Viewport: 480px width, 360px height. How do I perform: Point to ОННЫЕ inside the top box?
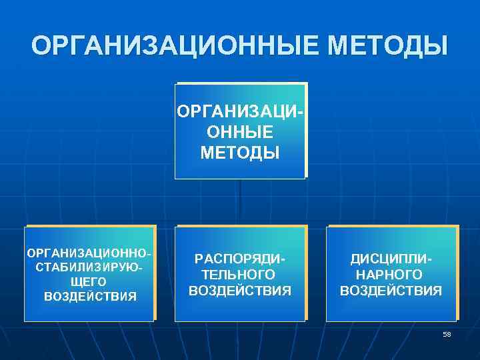[240, 132]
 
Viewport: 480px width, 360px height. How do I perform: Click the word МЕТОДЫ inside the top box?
[240, 153]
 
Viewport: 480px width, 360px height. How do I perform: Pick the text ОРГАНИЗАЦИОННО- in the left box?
[89, 253]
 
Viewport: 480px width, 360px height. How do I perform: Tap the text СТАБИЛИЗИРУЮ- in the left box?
[89, 267]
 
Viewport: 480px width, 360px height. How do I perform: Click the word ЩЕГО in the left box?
[89, 282]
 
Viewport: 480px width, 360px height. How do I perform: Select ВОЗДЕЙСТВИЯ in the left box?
[89, 297]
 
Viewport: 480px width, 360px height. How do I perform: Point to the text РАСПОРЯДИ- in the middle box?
[240, 259]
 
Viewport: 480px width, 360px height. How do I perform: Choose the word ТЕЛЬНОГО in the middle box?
[240, 275]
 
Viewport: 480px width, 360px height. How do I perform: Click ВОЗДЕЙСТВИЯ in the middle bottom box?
[240, 291]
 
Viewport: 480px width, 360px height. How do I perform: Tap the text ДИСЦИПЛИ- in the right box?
[391, 259]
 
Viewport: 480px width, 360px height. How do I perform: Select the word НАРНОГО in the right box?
[391, 275]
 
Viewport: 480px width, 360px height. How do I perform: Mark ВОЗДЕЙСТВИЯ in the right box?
[391, 291]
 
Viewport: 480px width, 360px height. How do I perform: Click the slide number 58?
[447, 335]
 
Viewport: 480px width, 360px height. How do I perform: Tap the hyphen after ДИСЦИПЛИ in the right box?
[429, 259]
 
